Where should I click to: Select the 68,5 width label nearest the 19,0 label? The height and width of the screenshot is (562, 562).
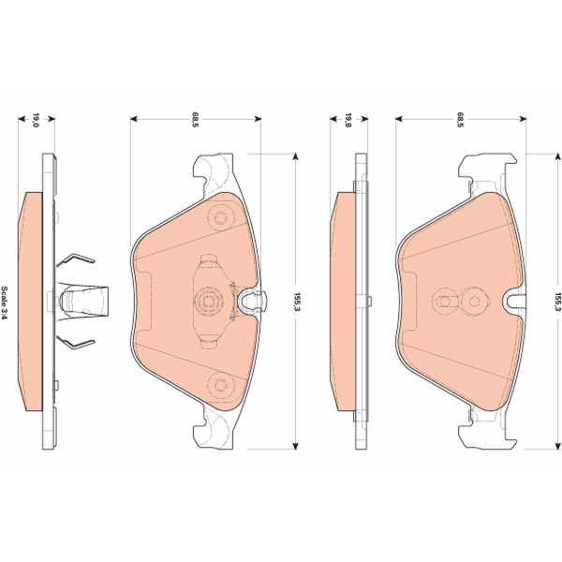pyautogui.click(x=196, y=119)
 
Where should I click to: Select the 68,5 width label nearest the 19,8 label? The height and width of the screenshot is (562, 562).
pyautogui.click(x=462, y=119)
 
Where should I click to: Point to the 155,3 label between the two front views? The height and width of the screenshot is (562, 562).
pyautogui.click(x=297, y=301)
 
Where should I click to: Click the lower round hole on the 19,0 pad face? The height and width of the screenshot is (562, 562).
pyautogui.click(x=221, y=381)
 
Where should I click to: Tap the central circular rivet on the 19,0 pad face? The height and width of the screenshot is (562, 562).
pyautogui.click(x=206, y=301)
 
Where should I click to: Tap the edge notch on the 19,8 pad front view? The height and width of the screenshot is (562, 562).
pyautogui.click(x=513, y=301)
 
